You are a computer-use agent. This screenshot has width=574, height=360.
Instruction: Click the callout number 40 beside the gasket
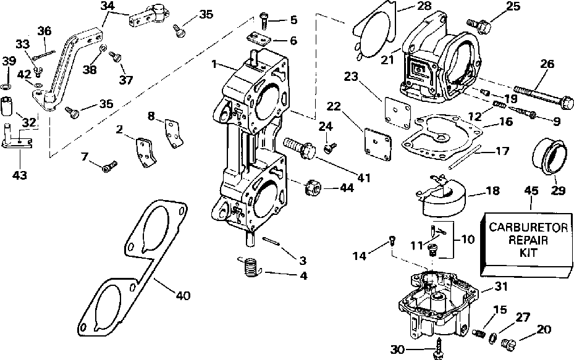182,296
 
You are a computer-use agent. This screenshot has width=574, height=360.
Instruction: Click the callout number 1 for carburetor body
213,64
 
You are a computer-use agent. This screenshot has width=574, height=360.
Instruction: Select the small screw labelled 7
109,165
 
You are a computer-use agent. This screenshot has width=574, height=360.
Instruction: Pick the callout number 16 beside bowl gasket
507,123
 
